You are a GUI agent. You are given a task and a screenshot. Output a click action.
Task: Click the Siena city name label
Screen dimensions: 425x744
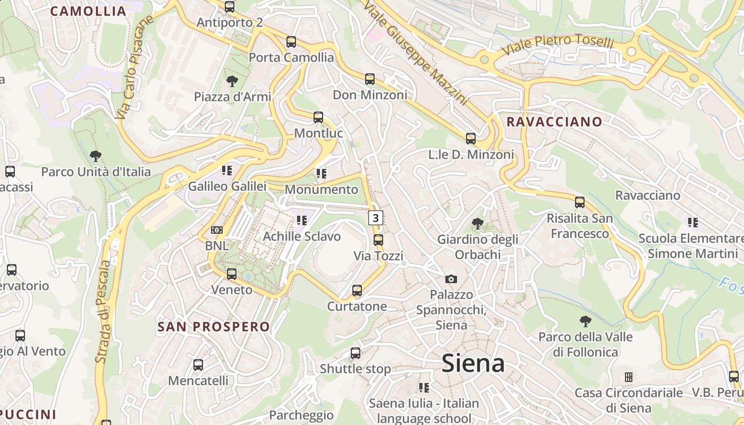473,363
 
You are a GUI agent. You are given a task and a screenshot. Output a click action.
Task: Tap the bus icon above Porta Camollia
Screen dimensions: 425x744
291,42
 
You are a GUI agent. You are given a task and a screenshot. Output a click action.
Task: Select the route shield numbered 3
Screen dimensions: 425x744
376,217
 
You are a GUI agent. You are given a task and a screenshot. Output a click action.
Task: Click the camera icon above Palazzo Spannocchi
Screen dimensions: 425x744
451,279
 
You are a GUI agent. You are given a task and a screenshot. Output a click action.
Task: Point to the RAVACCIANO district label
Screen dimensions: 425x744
554,122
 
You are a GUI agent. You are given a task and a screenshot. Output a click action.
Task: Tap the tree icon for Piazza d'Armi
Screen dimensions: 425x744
232,81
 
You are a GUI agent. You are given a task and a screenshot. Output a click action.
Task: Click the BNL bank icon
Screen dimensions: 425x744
216,230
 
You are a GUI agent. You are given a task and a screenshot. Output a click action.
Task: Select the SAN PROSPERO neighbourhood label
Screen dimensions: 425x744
214,326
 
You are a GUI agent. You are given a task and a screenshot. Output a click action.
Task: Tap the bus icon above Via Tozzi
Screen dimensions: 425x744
378,240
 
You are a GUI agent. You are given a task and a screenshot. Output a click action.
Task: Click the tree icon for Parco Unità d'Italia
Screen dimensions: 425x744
96,156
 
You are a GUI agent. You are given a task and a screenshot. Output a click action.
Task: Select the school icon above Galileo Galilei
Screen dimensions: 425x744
227,171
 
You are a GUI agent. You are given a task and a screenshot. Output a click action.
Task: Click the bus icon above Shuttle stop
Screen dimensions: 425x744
355,353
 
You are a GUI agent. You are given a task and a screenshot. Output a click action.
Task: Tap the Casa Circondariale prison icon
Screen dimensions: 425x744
628,377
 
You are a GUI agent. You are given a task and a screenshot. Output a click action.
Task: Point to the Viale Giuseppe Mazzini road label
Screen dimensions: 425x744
415,52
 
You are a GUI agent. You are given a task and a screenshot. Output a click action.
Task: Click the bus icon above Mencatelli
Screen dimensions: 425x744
198,365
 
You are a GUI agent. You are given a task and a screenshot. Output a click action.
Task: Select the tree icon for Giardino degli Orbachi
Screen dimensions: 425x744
477,224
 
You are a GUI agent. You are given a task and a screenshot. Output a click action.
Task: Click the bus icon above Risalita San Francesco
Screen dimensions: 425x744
579,202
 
